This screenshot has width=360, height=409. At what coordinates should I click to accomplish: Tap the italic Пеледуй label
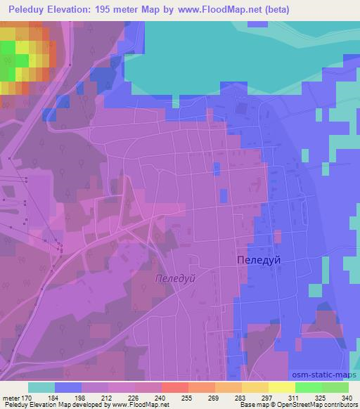pyautogui.click(x=174, y=278)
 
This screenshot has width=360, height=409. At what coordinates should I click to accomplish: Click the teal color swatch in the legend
pyautogui.click(x=41, y=387)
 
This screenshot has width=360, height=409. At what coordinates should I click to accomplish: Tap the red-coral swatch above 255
pyautogui.click(x=174, y=387)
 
